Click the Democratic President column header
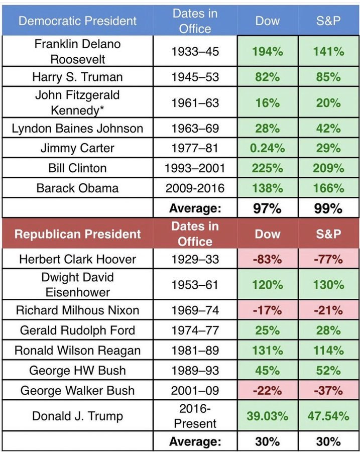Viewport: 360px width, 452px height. pyautogui.click(x=77, y=21)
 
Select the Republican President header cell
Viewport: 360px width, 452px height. pyautogui.click(x=77, y=234)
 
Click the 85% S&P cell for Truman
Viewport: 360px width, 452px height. pyautogui.click(x=329, y=77)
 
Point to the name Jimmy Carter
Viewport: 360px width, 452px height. pyautogui.click(x=77, y=148)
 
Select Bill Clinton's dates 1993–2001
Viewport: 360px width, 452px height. pyautogui.click(x=195, y=168)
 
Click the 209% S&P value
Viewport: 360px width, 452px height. pyautogui.click(x=329, y=168)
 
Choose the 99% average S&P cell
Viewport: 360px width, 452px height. pyautogui.click(x=329, y=208)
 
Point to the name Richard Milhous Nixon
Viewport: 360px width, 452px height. pyautogui.click(x=77, y=310)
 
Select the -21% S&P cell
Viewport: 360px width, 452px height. pyautogui.click(x=329, y=310)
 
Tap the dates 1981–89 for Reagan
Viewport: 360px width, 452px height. pyautogui.click(x=195, y=351)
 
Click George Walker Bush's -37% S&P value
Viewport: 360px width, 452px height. pyautogui.click(x=329, y=391)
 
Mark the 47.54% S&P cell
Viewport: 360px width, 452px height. pyautogui.click(x=329, y=416)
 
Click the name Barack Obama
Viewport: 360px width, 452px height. pyautogui.click(x=77, y=188)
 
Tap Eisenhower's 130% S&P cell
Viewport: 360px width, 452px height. pyautogui.click(x=329, y=285)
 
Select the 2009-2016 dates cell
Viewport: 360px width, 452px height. pyautogui.click(x=195, y=188)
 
